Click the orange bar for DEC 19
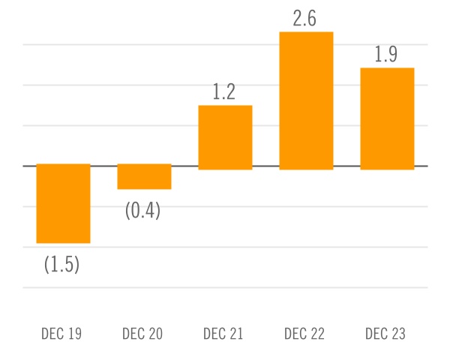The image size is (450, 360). click(63, 203)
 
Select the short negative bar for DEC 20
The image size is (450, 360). click(144, 176)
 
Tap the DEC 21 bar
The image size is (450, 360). click(225, 137)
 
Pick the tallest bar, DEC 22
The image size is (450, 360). click(306, 100)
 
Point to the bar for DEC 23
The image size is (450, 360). click(387, 118)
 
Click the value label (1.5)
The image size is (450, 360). click(61, 264)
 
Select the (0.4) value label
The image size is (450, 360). click(142, 210)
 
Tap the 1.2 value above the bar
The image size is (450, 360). click(224, 91)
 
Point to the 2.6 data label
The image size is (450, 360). click(305, 19)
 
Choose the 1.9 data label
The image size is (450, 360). click(385, 55)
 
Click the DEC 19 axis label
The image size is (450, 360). click(61, 334)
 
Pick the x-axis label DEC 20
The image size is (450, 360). click(142, 334)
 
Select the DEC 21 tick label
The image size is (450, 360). click(223, 334)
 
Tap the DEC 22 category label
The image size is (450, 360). click(304, 334)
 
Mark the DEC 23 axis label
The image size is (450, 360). click(385, 334)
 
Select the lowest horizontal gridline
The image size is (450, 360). click(225, 287)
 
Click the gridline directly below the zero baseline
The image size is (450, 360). click(225, 206)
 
